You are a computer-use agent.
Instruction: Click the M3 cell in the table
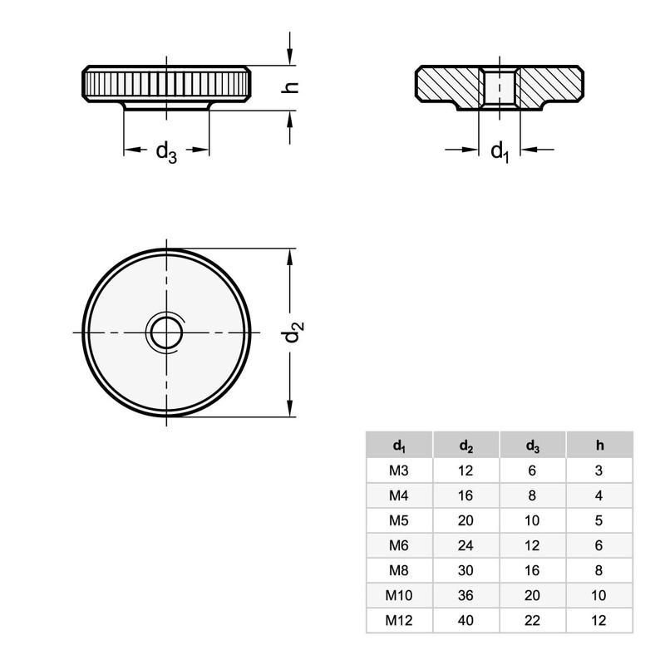pyautogui.click(x=399, y=470)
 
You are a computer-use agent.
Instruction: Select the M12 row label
pyautogui.click(x=399, y=620)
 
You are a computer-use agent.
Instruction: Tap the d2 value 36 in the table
pyautogui.click(x=466, y=595)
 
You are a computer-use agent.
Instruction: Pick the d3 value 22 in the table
pyautogui.click(x=533, y=620)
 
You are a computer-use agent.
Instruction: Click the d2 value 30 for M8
pyautogui.click(x=466, y=570)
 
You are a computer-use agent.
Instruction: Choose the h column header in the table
pyautogui.click(x=599, y=446)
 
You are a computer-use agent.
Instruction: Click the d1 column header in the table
pyautogui.click(x=399, y=446)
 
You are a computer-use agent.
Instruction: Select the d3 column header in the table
pyautogui.click(x=533, y=446)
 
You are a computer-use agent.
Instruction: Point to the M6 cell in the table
pyautogui.click(x=399, y=545)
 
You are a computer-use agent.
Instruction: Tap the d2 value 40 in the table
pyautogui.click(x=466, y=620)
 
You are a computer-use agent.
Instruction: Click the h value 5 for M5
pyautogui.click(x=599, y=520)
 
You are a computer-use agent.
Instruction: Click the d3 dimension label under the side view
pyautogui.click(x=166, y=152)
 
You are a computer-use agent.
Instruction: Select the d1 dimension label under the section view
pyautogui.click(x=499, y=152)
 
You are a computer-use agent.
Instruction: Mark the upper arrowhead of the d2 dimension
pyautogui.click(x=289, y=257)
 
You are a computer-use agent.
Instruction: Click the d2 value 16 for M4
pyautogui.click(x=466, y=495)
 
